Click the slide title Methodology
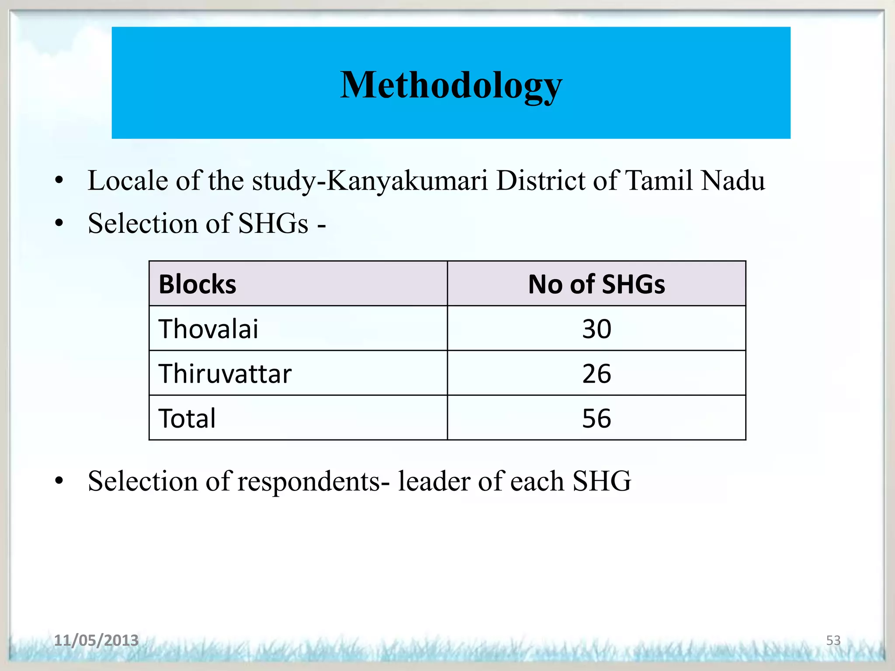(x=451, y=85)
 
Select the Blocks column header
(x=198, y=284)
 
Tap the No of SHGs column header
(x=597, y=284)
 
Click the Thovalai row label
(x=208, y=329)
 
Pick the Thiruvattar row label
(x=225, y=374)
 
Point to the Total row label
(x=187, y=419)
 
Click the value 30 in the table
(x=597, y=329)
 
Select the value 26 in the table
(x=597, y=374)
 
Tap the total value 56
(x=597, y=419)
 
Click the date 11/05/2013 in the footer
(x=96, y=640)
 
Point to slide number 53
(x=833, y=640)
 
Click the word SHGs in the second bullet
(x=274, y=223)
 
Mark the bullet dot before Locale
(x=59, y=180)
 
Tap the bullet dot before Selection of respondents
(x=59, y=481)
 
